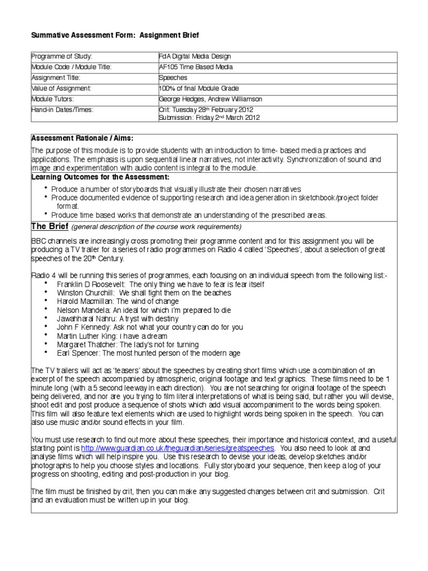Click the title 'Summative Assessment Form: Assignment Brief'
click(114, 35)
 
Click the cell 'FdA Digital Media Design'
click(194, 57)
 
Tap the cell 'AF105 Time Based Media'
click(196, 67)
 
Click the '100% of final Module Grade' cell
click(199, 89)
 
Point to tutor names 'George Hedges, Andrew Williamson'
click(210, 99)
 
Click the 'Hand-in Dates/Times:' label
click(62, 110)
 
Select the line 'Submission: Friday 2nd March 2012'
click(209, 118)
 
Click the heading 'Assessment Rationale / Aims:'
click(82, 138)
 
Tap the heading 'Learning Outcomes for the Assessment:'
click(96, 177)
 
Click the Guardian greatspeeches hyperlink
click(178, 448)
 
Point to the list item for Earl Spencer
click(148, 353)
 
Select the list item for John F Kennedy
click(150, 327)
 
